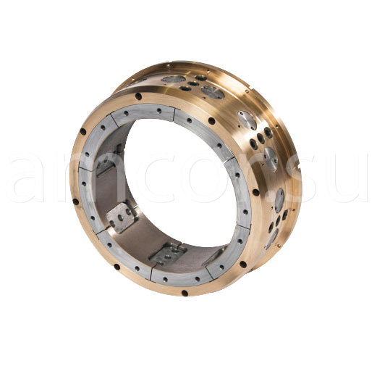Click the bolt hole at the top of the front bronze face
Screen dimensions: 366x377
[x=138, y=96]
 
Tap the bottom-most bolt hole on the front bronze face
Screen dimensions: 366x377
[x=185, y=294]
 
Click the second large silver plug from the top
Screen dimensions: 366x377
[x=212, y=91]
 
